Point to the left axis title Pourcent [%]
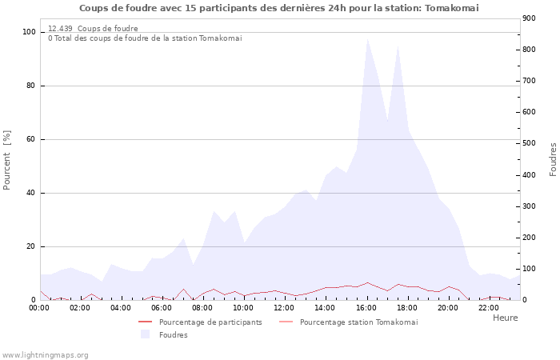[x=7, y=160]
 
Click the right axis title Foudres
[x=553, y=159]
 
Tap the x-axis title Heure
[x=505, y=318]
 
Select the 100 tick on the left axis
[x=30, y=32]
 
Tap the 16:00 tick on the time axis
[x=366, y=307]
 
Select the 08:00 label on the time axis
[x=202, y=307]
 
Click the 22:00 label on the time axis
[x=488, y=307]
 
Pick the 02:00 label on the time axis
[x=80, y=307]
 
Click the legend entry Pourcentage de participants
[x=210, y=322]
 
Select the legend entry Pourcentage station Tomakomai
[x=358, y=322]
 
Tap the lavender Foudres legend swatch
[x=145, y=334]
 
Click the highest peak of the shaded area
[x=367, y=38]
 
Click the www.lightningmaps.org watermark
[x=46, y=355]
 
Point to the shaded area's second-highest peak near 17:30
[x=398, y=46]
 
